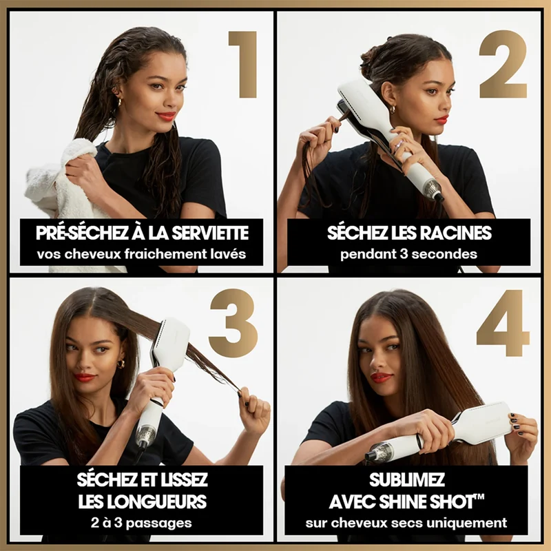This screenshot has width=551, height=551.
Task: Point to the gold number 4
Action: (503, 323)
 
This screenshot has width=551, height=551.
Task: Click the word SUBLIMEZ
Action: (407, 480)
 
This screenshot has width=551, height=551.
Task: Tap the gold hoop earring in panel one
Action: (119, 102)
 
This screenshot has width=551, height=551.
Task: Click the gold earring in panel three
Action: (121, 364)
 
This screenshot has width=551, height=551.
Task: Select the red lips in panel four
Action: (382, 377)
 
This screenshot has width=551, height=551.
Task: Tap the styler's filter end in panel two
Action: (435, 190)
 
